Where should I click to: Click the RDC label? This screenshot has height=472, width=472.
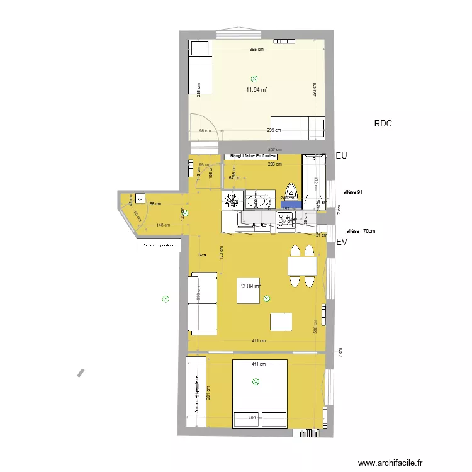click(383, 124)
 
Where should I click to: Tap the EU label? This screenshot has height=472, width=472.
click(342, 155)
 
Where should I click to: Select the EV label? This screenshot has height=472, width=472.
click(342, 242)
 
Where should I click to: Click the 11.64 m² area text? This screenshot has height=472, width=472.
click(257, 90)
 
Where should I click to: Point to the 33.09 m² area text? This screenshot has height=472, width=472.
click(250, 286)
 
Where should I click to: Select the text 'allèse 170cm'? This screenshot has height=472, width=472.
click(361, 231)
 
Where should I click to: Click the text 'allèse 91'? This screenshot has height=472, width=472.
click(352, 192)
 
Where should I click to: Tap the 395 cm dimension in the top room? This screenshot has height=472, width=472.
click(256, 50)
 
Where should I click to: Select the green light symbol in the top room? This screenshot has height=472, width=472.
click(254, 79)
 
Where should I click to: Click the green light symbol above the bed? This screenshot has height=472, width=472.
click(256, 381)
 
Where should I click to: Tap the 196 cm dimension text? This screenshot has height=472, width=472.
click(155, 203)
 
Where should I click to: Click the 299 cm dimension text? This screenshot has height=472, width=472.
click(274, 130)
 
